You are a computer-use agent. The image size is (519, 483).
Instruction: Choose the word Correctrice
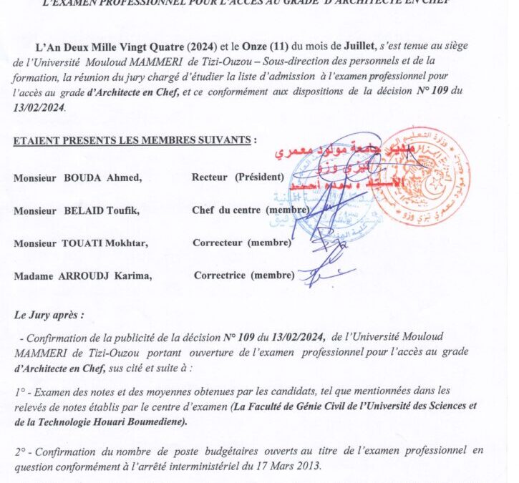(219, 275)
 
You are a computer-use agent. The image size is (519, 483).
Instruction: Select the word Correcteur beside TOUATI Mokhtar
(217, 243)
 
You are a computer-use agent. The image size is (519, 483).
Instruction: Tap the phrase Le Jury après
(47, 313)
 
